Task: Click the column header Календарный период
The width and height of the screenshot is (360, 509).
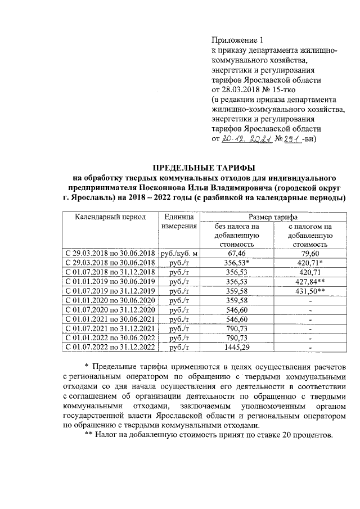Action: (106, 216)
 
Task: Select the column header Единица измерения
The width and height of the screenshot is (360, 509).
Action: (179, 221)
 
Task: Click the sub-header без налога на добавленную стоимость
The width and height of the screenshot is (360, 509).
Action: (236, 235)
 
